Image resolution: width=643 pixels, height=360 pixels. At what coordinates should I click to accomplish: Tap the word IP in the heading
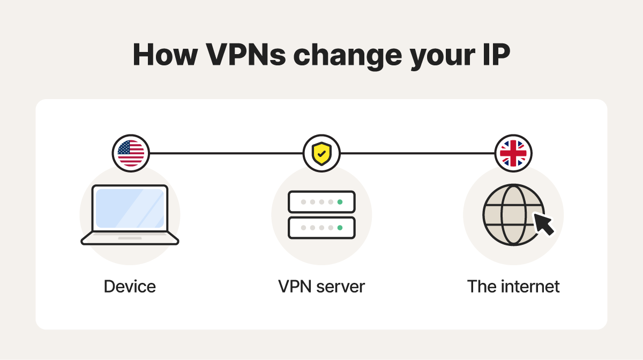pyautogui.click(x=494, y=54)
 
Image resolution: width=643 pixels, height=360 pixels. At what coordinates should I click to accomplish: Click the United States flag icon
pyautogui.click(x=131, y=153)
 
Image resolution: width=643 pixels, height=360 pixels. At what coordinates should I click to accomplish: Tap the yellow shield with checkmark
pyautogui.click(x=322, y=154)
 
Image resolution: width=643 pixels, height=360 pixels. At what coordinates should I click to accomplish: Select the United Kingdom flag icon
pyautogui.click(x=513, y=153)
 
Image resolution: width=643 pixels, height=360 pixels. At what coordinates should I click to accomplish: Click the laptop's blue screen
pyautogui.click(x=130, y=208)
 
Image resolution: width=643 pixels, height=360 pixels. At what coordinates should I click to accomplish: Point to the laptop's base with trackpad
pyautogui.click(x=130, y=238)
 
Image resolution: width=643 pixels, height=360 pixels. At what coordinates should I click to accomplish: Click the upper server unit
pyautogui.click(x=322, y=202)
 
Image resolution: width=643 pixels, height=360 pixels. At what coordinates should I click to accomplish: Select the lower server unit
pyautogui.click(x=322, y=228)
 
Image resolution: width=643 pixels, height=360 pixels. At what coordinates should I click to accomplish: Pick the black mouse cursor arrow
pyautogui.click(x=543, y=223)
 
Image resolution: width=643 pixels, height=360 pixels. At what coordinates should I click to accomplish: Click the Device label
pyautogui.click(x=130, y=286)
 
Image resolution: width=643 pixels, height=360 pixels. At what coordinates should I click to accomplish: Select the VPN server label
pyautogui.click(x=322, y=286)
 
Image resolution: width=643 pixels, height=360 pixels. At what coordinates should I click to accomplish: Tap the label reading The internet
pyautogui.click(x=513, y=286)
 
